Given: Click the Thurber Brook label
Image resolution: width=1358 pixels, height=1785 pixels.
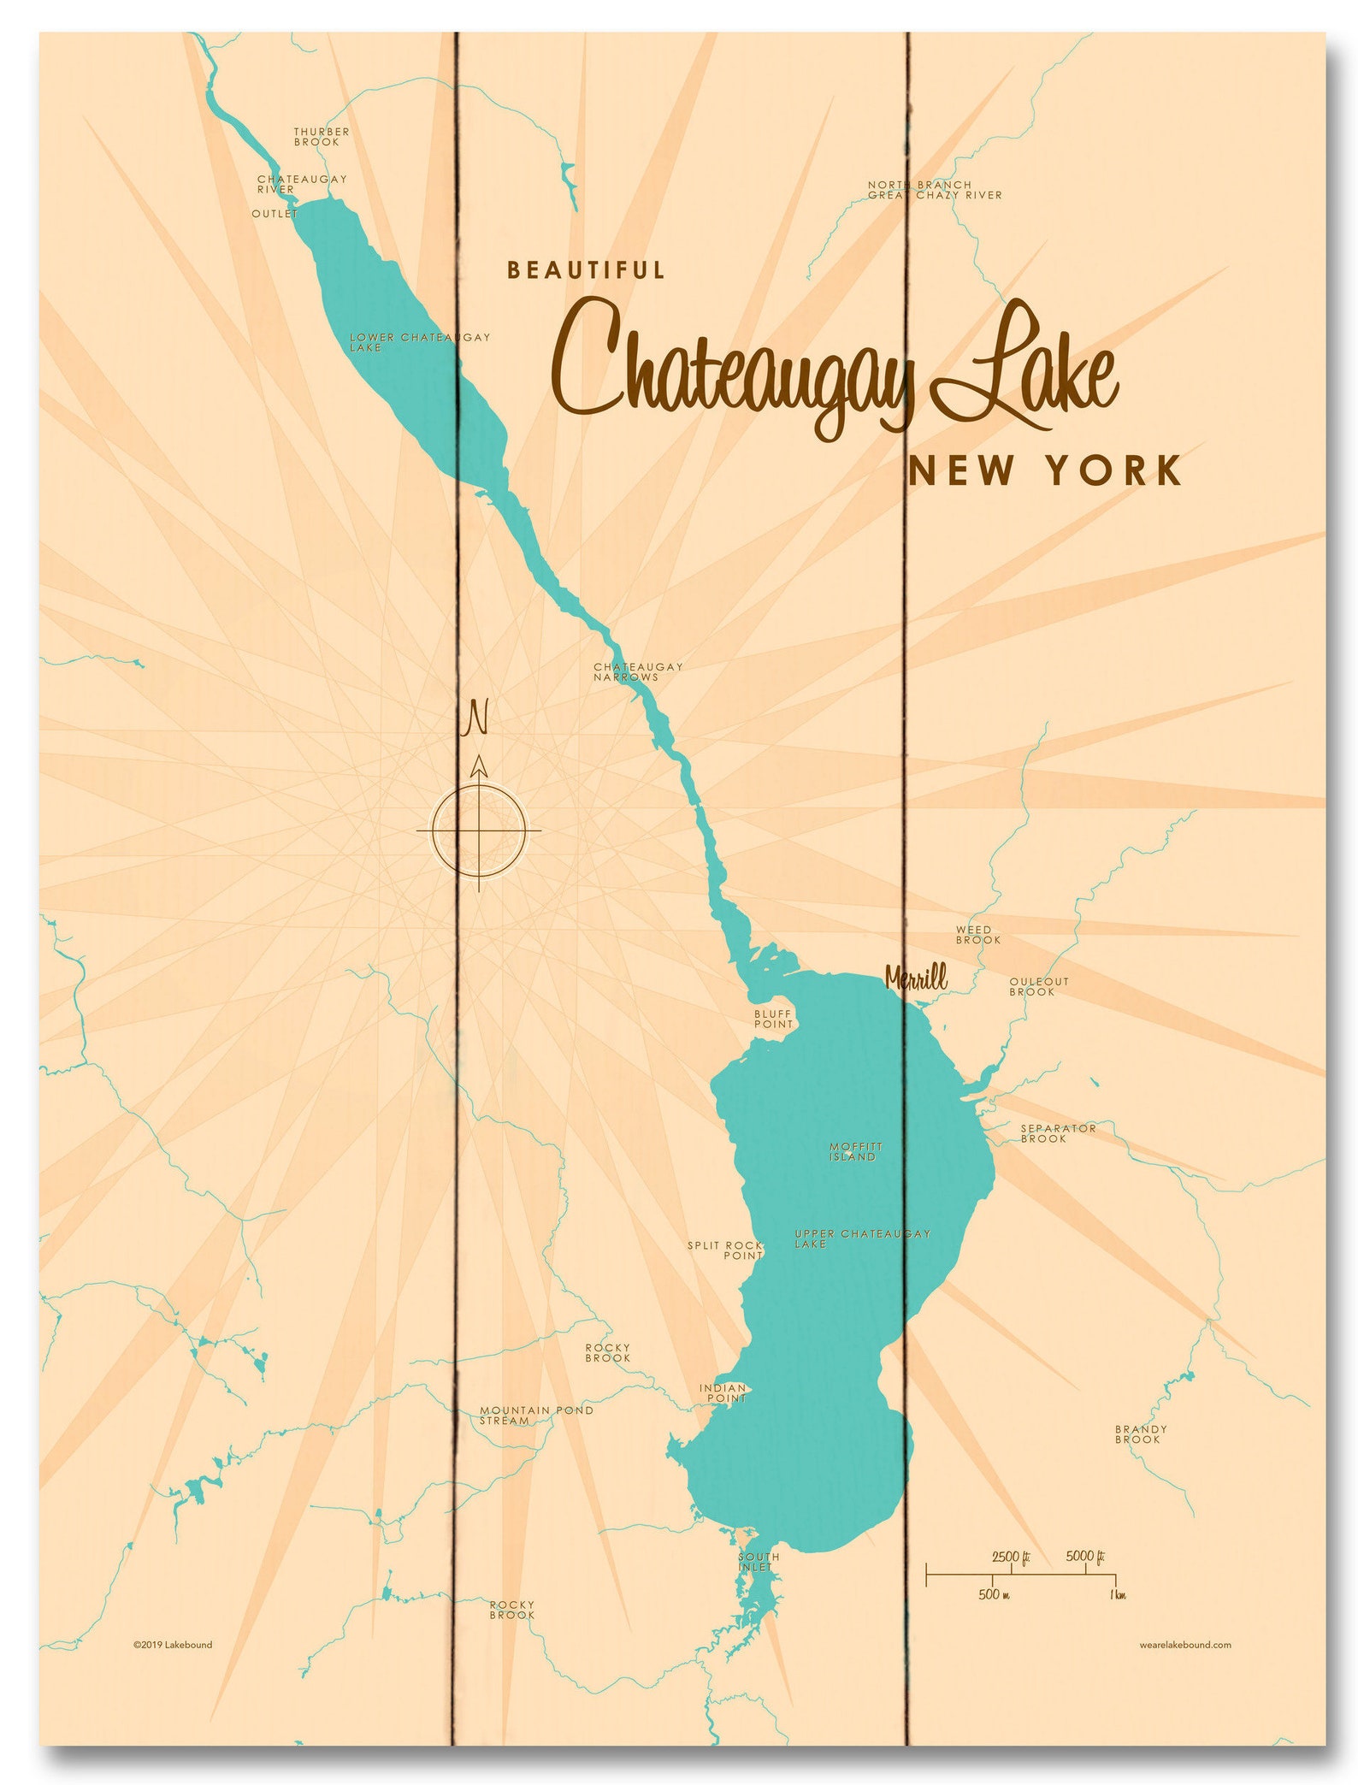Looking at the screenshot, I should [322, 137].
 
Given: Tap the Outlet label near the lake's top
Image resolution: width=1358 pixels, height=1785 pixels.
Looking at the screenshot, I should [274, 214].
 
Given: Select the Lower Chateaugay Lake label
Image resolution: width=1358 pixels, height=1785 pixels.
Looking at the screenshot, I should [419, 342].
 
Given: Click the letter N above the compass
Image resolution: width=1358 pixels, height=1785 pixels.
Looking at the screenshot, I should [475, 718].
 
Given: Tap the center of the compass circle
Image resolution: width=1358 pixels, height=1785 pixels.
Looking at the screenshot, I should [479, 830].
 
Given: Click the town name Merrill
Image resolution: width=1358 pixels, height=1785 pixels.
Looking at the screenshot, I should [916, 978].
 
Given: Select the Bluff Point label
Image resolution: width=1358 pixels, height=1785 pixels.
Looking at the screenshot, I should [773, 1019].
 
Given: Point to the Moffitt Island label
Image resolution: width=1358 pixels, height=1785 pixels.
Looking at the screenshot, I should [854, 1151].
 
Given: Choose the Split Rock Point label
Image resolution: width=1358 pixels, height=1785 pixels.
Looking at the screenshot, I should [725, 1250].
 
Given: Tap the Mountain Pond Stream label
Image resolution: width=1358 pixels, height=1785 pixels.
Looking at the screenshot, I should [535, 1415].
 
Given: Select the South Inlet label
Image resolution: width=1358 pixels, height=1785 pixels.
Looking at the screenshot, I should [759, 1562].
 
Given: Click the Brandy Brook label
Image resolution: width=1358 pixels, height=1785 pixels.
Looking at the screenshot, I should [1140, 1434].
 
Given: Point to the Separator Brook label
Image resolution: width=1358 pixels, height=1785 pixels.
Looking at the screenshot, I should [1057, 1133].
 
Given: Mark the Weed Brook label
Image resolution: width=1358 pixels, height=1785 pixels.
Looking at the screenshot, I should [977, 934].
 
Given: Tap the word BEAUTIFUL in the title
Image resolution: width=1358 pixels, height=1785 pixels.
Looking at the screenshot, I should [586, 271].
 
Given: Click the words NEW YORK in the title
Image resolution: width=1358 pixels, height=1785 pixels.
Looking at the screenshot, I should [1044, 471].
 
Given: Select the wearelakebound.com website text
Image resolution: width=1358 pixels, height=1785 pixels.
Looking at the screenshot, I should [1184, 1645].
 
